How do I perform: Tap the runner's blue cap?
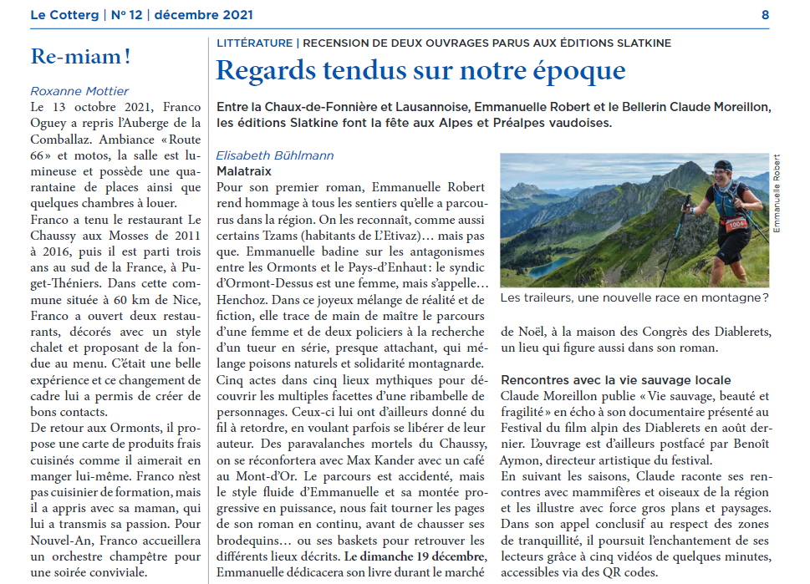tap(723, 166)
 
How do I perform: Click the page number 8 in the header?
tap(765, 15)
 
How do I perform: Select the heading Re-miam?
tap(80, 57)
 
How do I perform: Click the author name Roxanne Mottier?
tap(79, 91)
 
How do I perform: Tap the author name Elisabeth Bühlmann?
tap(274, 155)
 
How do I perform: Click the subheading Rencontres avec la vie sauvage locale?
tap(615, 381)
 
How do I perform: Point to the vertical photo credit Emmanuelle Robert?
tap(777, 194)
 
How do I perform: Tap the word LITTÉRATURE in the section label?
tap(254, 43)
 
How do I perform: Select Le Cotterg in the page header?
tap(64, 15)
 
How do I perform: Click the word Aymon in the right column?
tap(520, 460)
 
